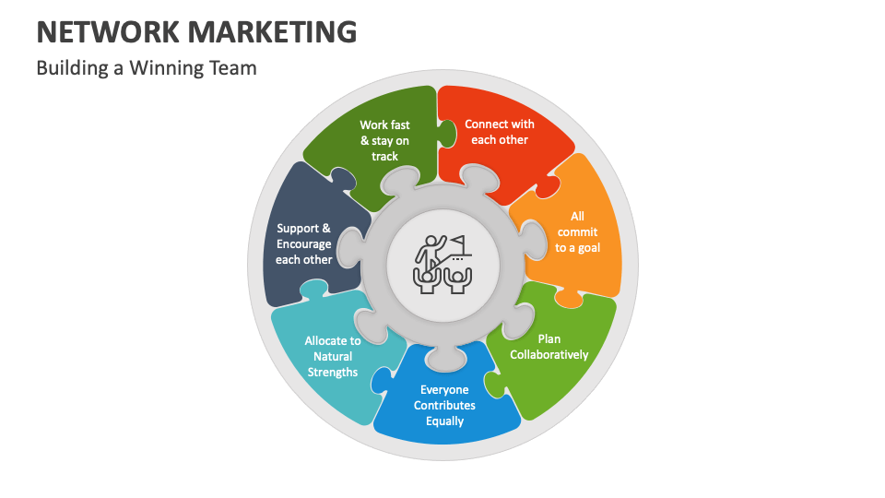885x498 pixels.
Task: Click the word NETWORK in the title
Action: click(104, 31)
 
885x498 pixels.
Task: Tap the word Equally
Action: click(444, 421)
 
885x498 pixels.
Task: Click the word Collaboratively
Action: click(549, 354)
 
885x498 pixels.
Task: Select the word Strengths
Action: click(333, 372)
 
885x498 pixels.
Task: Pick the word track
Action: click(385, 156)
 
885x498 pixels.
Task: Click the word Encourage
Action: click(303, 243)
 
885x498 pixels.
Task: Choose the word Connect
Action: click(485, 124)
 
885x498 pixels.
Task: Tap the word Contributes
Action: click(444, 405)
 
